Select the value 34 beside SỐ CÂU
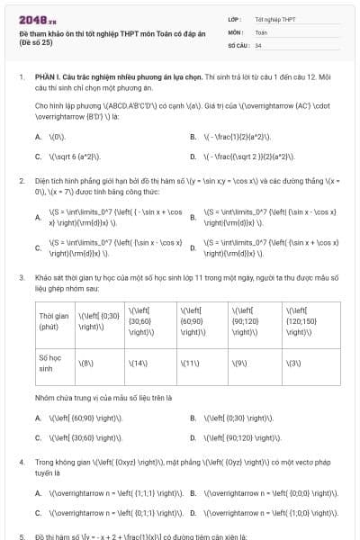tap(258, 44)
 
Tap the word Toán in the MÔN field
tap(260, 31)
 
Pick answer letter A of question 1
tap(38, 137)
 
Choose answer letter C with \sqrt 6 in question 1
tap(38, 155)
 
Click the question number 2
tap(22, 180)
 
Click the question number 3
tap(22, 278)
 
